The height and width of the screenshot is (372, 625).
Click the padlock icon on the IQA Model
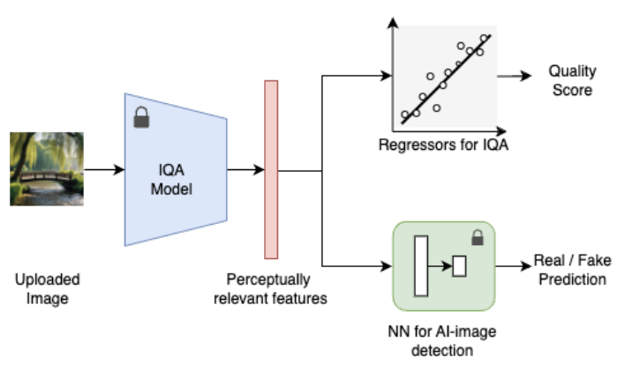tap(141, 117)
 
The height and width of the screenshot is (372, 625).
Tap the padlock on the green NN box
tap(478, 237)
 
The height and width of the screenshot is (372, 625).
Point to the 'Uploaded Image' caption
tap(47, 288)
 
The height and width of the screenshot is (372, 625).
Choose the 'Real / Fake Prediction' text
tap(570, 271)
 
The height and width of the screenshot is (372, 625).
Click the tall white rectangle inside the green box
tap(420, 264)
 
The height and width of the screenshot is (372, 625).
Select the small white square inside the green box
tap(459, 264)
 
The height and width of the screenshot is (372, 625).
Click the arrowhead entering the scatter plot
tap(386, 76)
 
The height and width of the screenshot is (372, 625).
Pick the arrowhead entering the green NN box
tap(386, 264)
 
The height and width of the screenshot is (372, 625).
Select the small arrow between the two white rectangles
tap(440, 264)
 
